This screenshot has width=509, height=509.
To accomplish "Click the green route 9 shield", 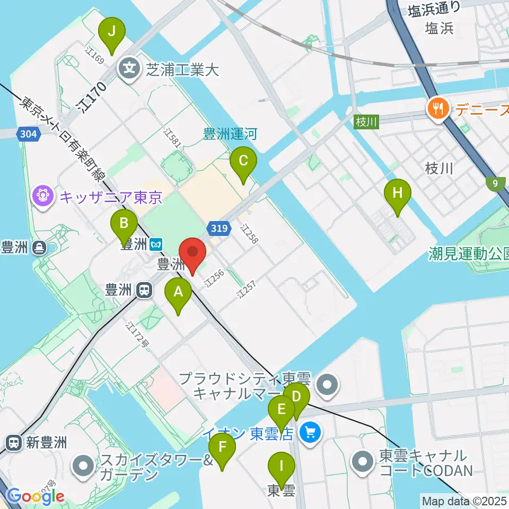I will pos(494,183).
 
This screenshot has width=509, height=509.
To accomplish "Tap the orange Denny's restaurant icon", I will pos(437,109).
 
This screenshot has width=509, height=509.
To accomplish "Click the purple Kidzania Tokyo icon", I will pos(42,197).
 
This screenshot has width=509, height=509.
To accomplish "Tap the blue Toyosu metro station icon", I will pos(156,244).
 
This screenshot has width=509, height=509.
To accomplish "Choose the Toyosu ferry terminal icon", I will pos(39,247).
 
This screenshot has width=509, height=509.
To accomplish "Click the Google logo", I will pos(35,497).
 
